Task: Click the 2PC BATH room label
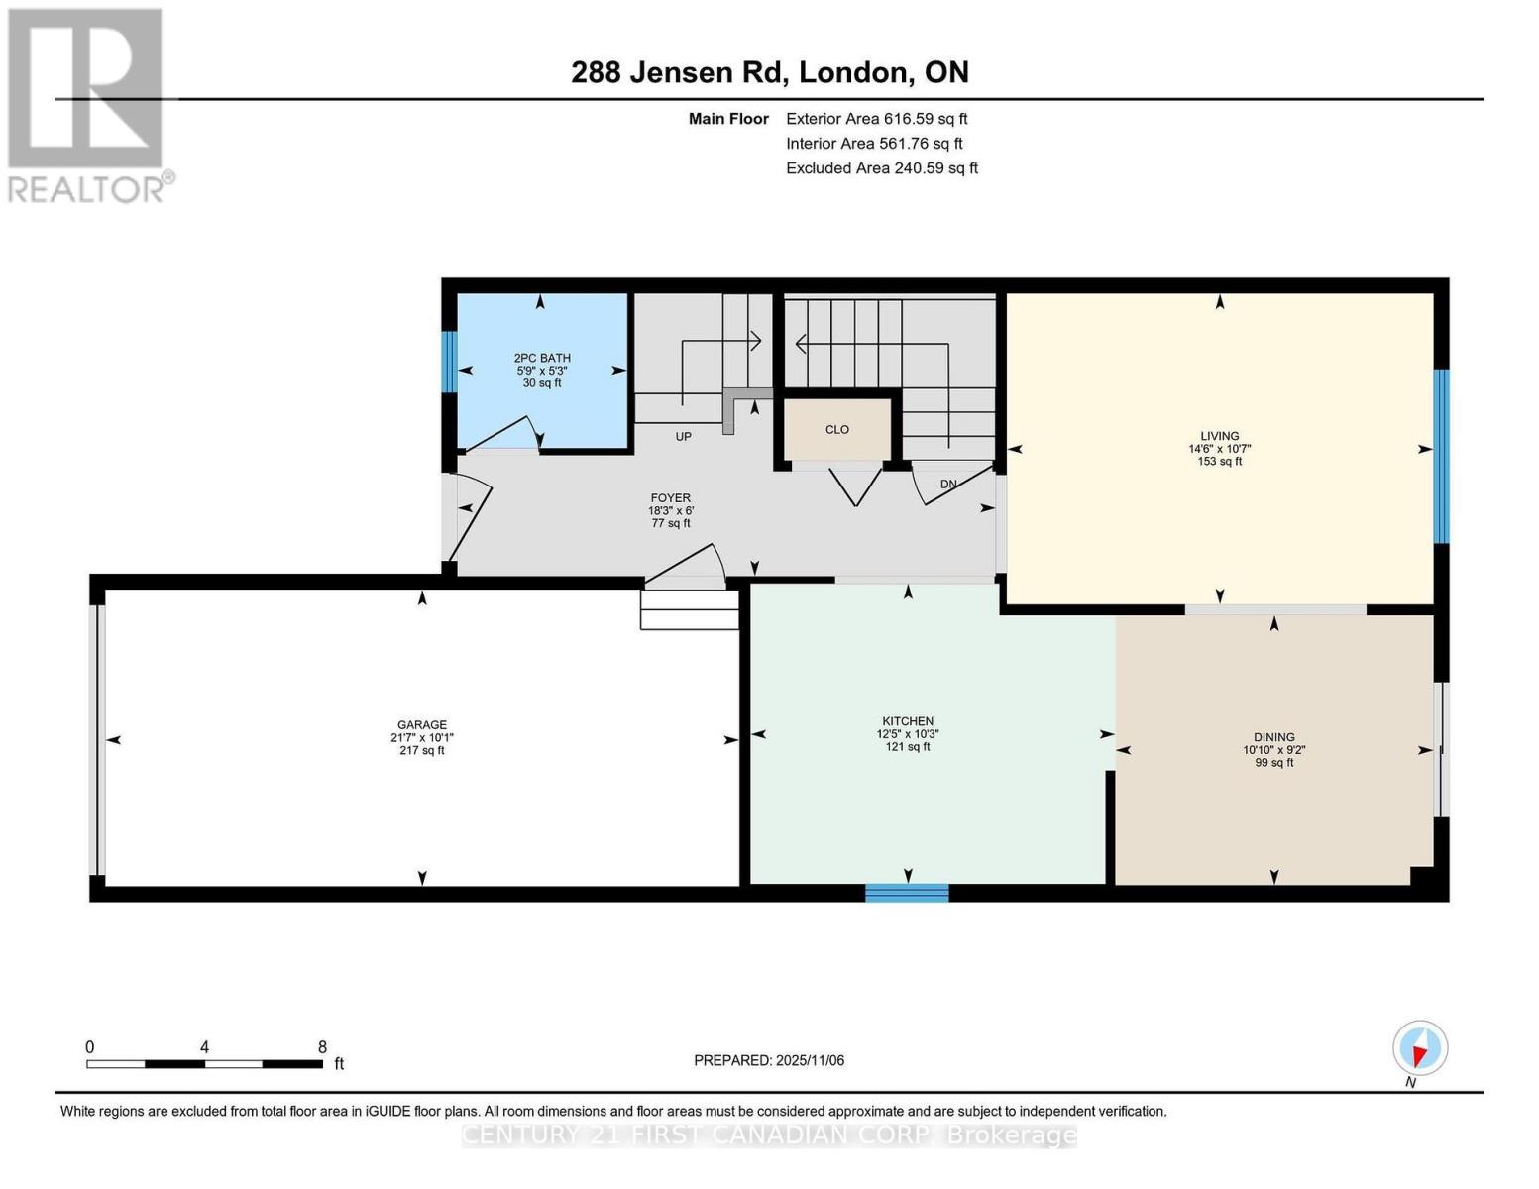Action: pyautogui.click(x=542, y=358)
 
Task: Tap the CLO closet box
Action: pyautogui.click(x=837, y=429)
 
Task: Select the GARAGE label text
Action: pyautogui.click(x=422, y=724)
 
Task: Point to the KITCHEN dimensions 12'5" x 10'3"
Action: pyautogui.click(x=908, y=734)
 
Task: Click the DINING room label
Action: pyautogui.click(x=1273, y=737)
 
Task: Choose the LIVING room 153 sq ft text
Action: pyautogui.click(x=1220, y=461)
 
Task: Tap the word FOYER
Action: pyautogui.click(x=671, y=498)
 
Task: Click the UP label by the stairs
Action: pyautogui.click(x=683, y=436)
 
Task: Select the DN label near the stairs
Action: pyautogui.click(x=948, y=485)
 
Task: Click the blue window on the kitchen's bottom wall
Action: pyautogui.click(x=907, y=893)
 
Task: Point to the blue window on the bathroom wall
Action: pyautogui.click(x=449, y=361)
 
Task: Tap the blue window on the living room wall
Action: pyautogui.click(x=1441, y=456)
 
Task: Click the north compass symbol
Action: pyautogui.click(x=1420, y=1048)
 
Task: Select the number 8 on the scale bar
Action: pyautogui.click(x=322, y=1046)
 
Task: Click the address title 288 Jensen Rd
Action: pyautogui.click(x=678, y=72)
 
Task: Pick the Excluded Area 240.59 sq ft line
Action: pyautogui.click(x=881, y=168)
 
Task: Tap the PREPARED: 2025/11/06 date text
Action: pyautogui.click(x=769, y=1060)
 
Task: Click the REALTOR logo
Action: pyautogui.click(x=87, y=104)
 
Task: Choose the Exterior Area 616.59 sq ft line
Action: pyautogui.click(x=876, y=119)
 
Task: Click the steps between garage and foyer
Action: pyautogui.click(x=690, y=609)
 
